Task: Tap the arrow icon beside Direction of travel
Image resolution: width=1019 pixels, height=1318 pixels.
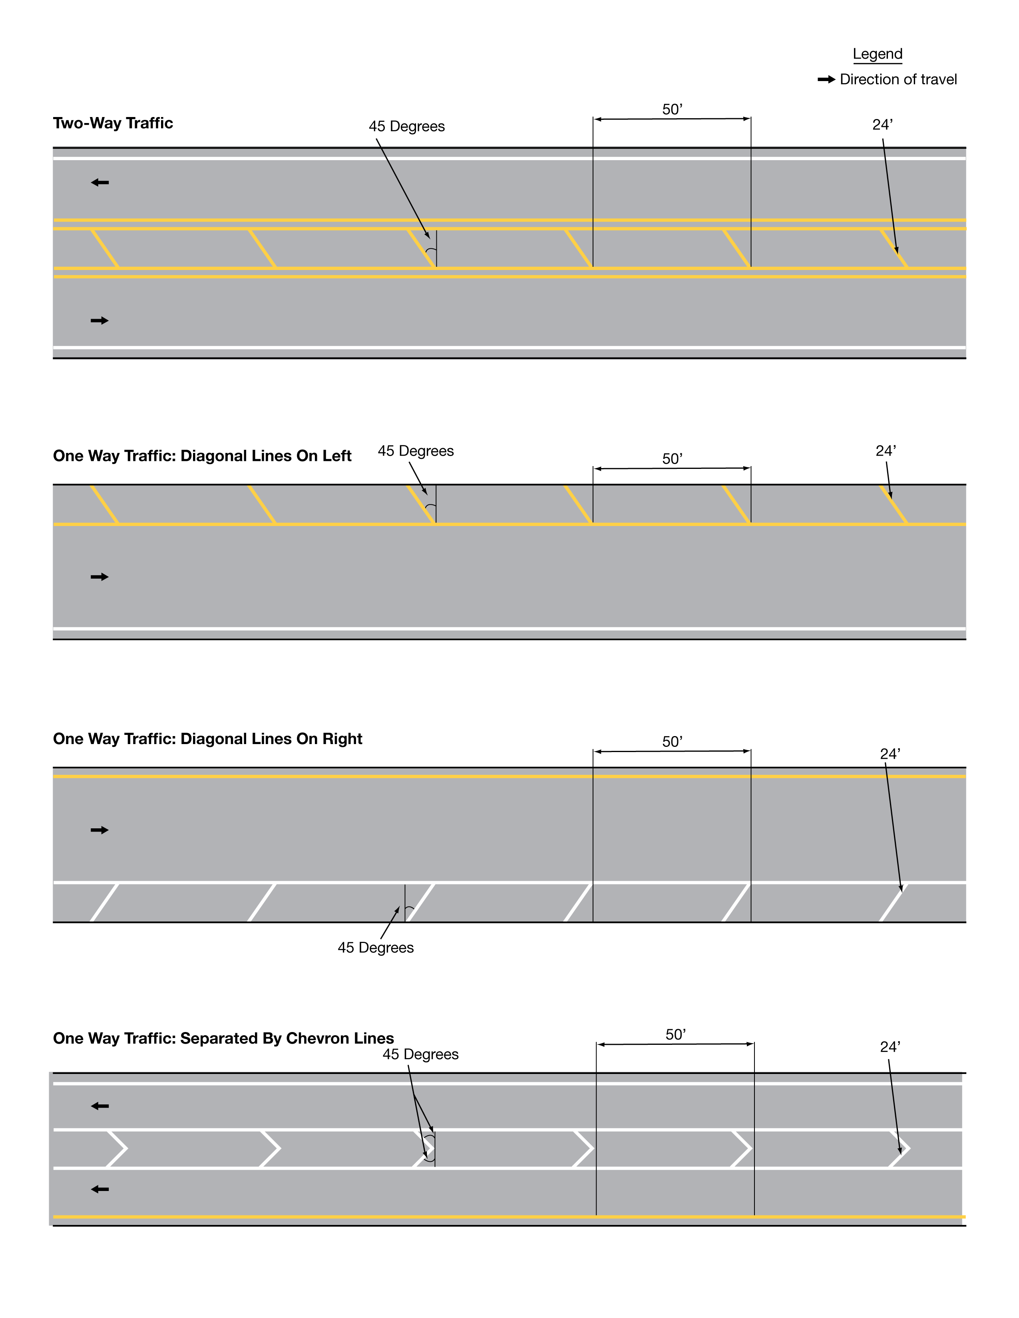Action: tap(826, 79)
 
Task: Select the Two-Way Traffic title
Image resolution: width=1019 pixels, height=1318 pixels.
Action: tap(113, 123)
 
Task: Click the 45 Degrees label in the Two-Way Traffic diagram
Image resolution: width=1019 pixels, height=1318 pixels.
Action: tap(406, 127)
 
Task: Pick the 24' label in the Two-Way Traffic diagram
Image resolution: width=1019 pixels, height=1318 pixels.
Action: tap(882, 125)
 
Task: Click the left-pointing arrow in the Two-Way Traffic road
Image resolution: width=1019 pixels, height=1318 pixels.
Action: tap(100, 182)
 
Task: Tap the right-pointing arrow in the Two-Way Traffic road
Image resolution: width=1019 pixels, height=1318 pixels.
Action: tap(100, 320)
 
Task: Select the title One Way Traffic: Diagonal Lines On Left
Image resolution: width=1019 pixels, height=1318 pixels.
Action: tap(202, 456)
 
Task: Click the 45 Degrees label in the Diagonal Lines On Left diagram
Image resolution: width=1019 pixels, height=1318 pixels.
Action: tap(415, 451)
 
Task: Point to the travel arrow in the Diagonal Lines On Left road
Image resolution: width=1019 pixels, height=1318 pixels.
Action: tap(100, 577)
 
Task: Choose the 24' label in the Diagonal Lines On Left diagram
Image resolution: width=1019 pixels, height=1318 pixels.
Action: tap(886, 451)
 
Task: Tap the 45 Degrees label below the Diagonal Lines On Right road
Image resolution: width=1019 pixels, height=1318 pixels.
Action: tap(376, 947)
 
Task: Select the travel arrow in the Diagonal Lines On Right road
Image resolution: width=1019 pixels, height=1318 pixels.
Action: tap(100, 830)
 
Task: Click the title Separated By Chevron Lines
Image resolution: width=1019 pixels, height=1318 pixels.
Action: tap(223, 1038)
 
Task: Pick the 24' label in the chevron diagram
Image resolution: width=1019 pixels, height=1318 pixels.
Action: tap(890, 1046)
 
